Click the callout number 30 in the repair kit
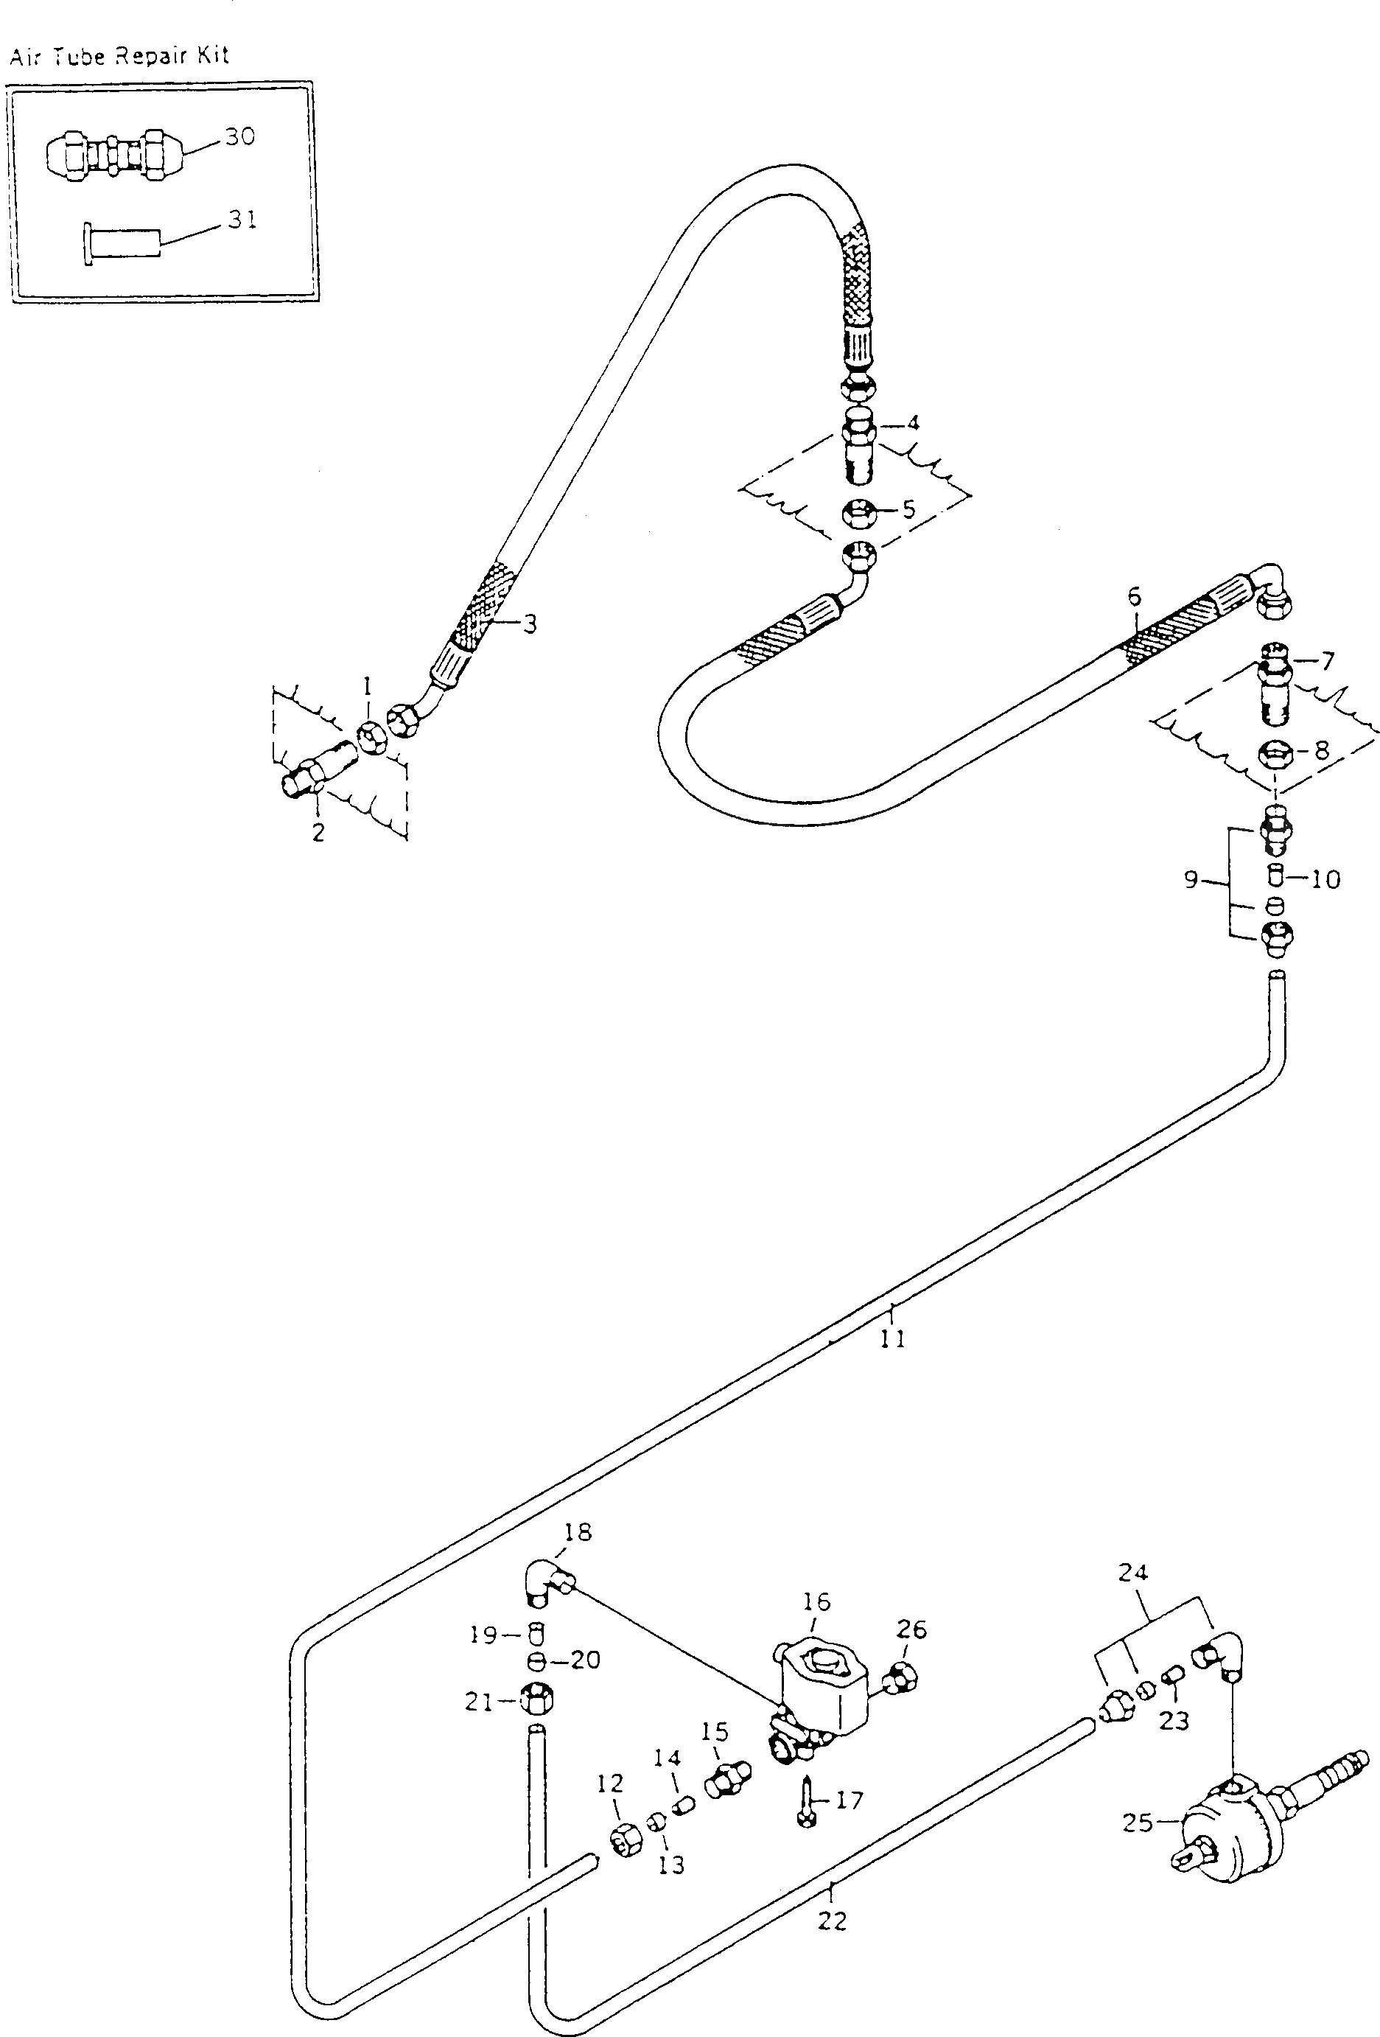point(239,137)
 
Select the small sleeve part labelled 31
point(122,242)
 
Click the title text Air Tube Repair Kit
point(119,56)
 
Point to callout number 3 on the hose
point(529,624)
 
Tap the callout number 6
point(1135,597)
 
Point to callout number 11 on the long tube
point(893,1338)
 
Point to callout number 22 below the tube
point(833,1921)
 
